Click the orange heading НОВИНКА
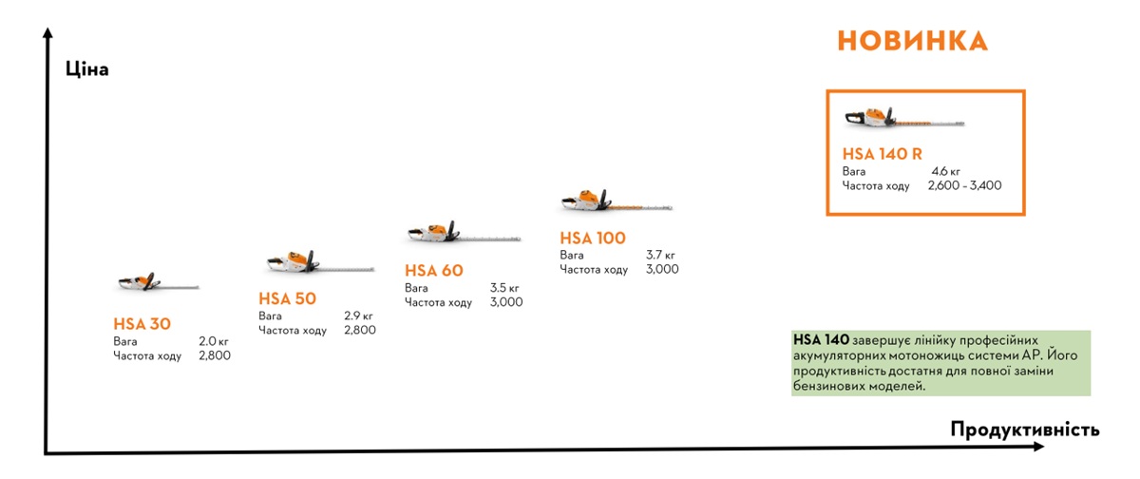[x=912, y=41]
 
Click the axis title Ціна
[x=87, y=69]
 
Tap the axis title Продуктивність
[x=1025, y=429]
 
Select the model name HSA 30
[x=142, y=324]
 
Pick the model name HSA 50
[x=288, y=298]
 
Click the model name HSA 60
[x=434, y=271]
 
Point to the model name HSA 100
[x=593, y=239]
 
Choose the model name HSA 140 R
[x=883, y=154]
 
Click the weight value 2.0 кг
[x=214, y=341]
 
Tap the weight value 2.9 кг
[x=359, y=316]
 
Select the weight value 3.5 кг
[x=504, y=288]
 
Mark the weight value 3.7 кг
[x=660, y=256]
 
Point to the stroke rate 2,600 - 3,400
[x=964, y=186]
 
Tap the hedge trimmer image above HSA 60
[x=463, y=233]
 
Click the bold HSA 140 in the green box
[x=822, y=339]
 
